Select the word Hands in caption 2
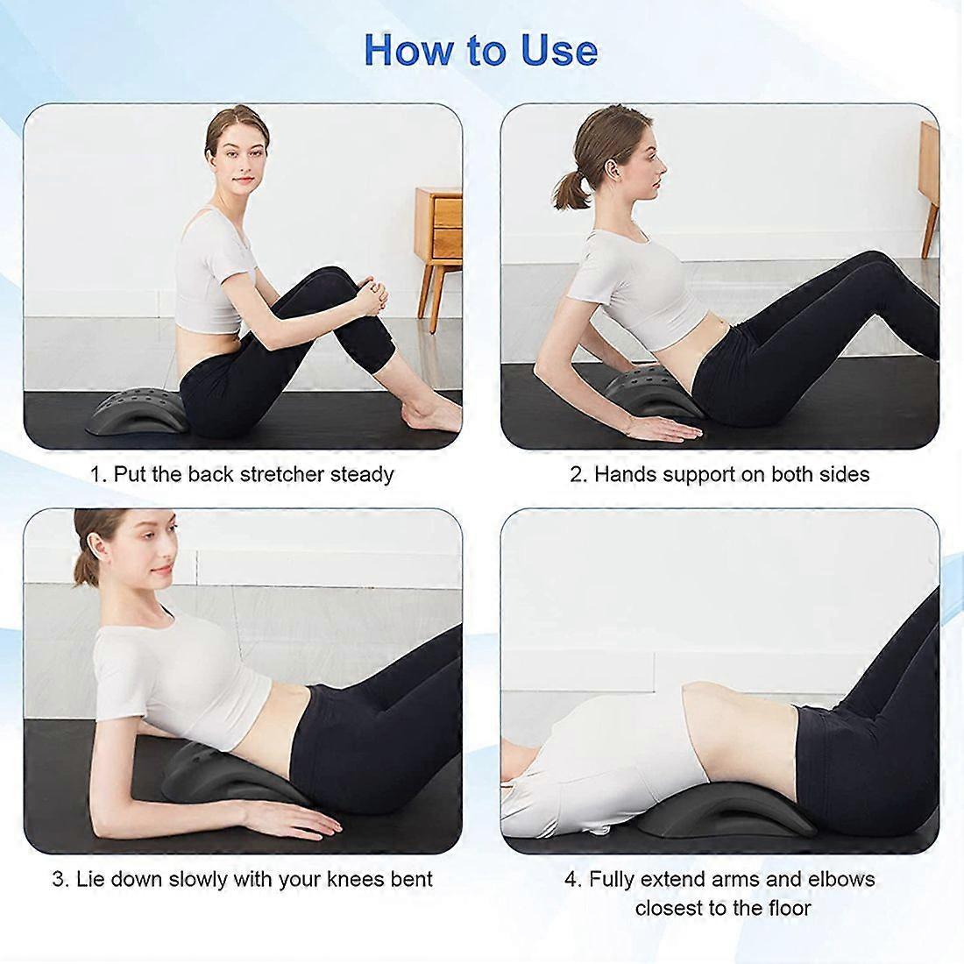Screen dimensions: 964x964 [625, 475]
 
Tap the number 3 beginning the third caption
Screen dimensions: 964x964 [59, 879]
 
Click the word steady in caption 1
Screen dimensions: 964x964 [362, 475]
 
